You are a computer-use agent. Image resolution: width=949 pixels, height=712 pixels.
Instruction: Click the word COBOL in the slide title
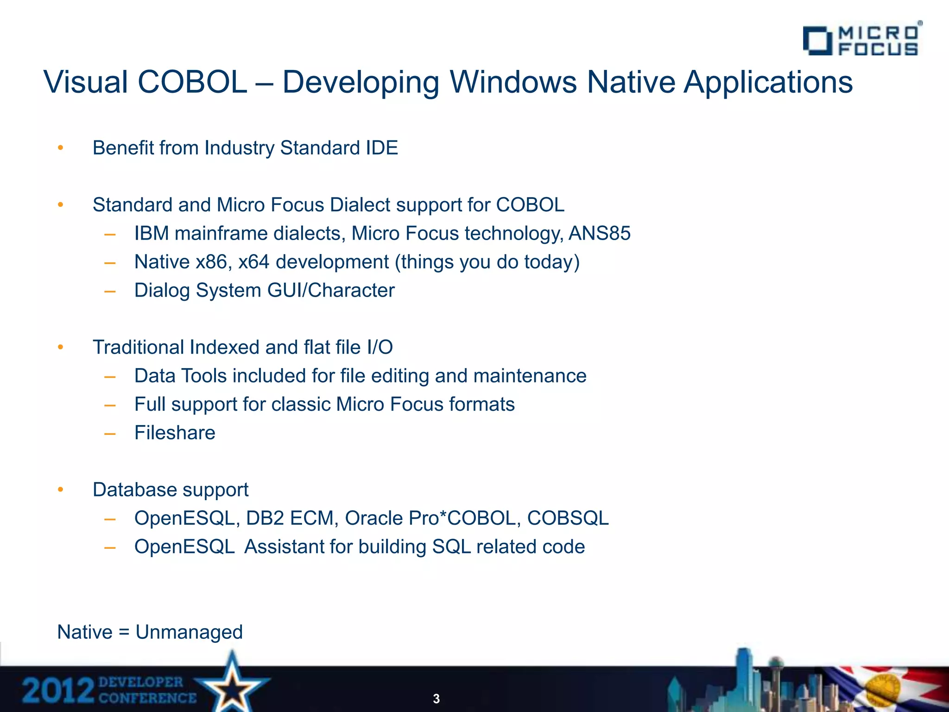tap(192, 83)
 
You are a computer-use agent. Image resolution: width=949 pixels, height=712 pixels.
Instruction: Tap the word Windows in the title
tap(513, 83)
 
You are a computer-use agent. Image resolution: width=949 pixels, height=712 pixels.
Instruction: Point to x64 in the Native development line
tap(253, 262)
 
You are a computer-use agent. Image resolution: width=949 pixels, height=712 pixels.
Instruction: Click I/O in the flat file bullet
tap(379, 348)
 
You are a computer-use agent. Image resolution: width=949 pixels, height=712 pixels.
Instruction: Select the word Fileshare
tap(175, 433)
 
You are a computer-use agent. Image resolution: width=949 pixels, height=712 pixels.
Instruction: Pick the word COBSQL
tap(568, 518)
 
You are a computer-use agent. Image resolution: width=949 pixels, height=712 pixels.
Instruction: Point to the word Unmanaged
tap(189, 632)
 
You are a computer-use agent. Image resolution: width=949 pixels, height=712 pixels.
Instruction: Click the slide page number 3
tap(436, 699)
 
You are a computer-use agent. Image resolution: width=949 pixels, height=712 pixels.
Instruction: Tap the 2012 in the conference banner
tap(58, 691)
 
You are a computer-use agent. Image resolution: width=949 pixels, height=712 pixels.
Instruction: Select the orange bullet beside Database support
tap(60, 490)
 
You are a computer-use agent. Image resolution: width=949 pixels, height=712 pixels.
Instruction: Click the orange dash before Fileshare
tap(110, 434)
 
